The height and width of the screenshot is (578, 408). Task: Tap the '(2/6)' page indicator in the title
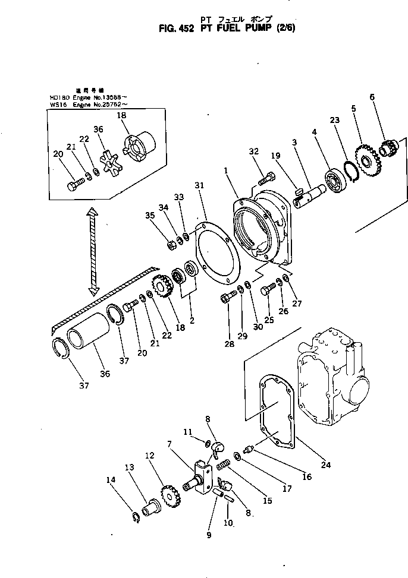click(268, 27)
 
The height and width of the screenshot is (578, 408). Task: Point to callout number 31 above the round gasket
click(199, 185)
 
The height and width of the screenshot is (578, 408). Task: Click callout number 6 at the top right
click(372, 97)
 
